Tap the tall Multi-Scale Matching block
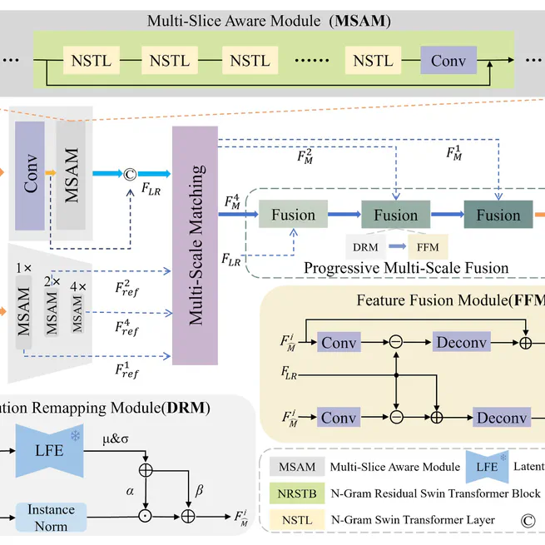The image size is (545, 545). [x=194, y=246]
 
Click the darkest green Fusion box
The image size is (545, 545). [x=498, y=216]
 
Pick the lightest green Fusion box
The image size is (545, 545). [x=293, y=216]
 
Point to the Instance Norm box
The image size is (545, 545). [x=51, y=517]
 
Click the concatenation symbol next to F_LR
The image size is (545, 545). [x=130, y=176]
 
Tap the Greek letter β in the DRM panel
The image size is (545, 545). [x=200, y=490]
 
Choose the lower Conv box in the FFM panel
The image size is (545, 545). [x=339, y=417]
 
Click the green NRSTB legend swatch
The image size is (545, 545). [x=297, y=493]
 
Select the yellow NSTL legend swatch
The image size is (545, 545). [x=297, y=520]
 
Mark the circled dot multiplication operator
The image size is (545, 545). [x=146, y=517]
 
